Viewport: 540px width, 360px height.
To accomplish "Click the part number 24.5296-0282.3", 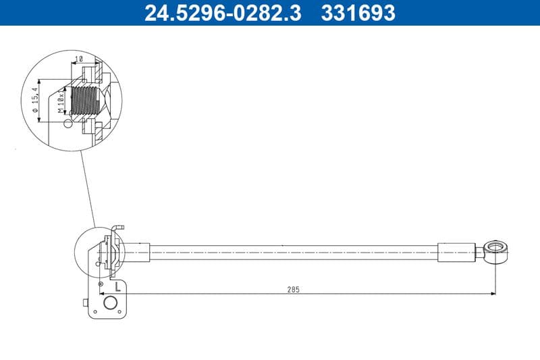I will click(x=223, y=12).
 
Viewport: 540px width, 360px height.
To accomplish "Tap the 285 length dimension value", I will click(x=293, y=289).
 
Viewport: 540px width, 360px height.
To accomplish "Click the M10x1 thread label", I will click(x=61, y=102).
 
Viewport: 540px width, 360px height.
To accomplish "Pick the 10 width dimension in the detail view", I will click(x=79, y=59).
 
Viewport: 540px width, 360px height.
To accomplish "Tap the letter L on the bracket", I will click(x=118, y=286).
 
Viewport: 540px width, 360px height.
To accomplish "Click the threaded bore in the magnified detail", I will click(x=85, y=102).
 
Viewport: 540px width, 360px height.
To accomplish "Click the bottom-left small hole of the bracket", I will click(x=96, y=312).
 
